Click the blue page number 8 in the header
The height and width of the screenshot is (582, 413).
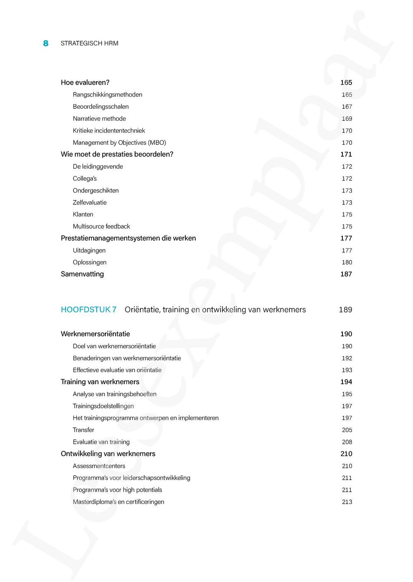[x=46, y=43]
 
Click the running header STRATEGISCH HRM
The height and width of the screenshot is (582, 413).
[x=89, y=43]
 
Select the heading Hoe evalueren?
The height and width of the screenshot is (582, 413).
[x=85, y=82]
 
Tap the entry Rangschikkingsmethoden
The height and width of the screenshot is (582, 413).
[x=107, y=95]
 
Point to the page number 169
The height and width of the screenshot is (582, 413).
[x=347, y=119]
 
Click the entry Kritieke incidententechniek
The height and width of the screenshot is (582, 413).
[x=109, y=131]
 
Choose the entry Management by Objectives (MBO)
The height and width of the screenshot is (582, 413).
[x=119, y=143]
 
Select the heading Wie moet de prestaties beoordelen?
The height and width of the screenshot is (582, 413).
[x=117, y=154]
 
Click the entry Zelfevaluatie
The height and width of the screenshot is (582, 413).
[x=90, y=202]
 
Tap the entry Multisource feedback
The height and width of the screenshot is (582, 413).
[x=101, y=226]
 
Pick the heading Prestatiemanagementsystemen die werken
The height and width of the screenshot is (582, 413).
[x=128, y=238]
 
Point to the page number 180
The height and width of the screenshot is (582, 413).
[x=347, y=262]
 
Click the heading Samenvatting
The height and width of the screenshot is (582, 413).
[x=82, y=274]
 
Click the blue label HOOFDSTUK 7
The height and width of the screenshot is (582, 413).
[x=88, y=310]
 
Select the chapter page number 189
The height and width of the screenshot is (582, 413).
[x=345, y=310]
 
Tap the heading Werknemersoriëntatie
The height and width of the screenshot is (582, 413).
[x=95, y=334]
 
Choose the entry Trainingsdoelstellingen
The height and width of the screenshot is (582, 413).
[x=103, y=406]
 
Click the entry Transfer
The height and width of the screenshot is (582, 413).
[x=83, y=430]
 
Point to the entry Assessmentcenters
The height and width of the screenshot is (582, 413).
[x=99, y=466]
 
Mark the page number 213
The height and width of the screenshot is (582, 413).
[x=347, y=502]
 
